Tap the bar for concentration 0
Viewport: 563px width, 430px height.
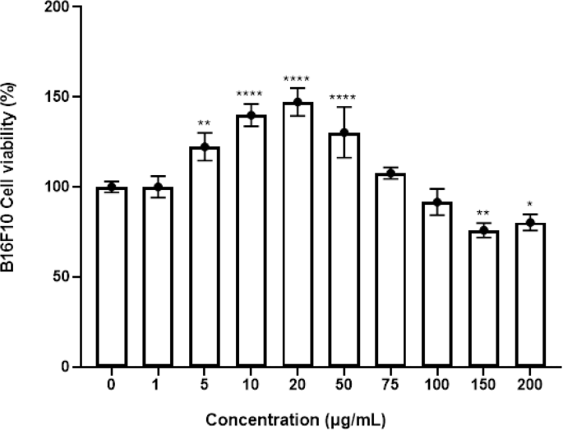[x=110, y=277]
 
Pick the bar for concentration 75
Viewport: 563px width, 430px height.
[x=391, y=270]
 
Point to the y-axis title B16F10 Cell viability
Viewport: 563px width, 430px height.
[x=18, y=186]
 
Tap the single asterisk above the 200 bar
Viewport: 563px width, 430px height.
[x=532, y=204]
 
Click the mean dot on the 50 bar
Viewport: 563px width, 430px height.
[x=344, y=132]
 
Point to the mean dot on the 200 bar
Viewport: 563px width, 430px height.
[x=532, y=223]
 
